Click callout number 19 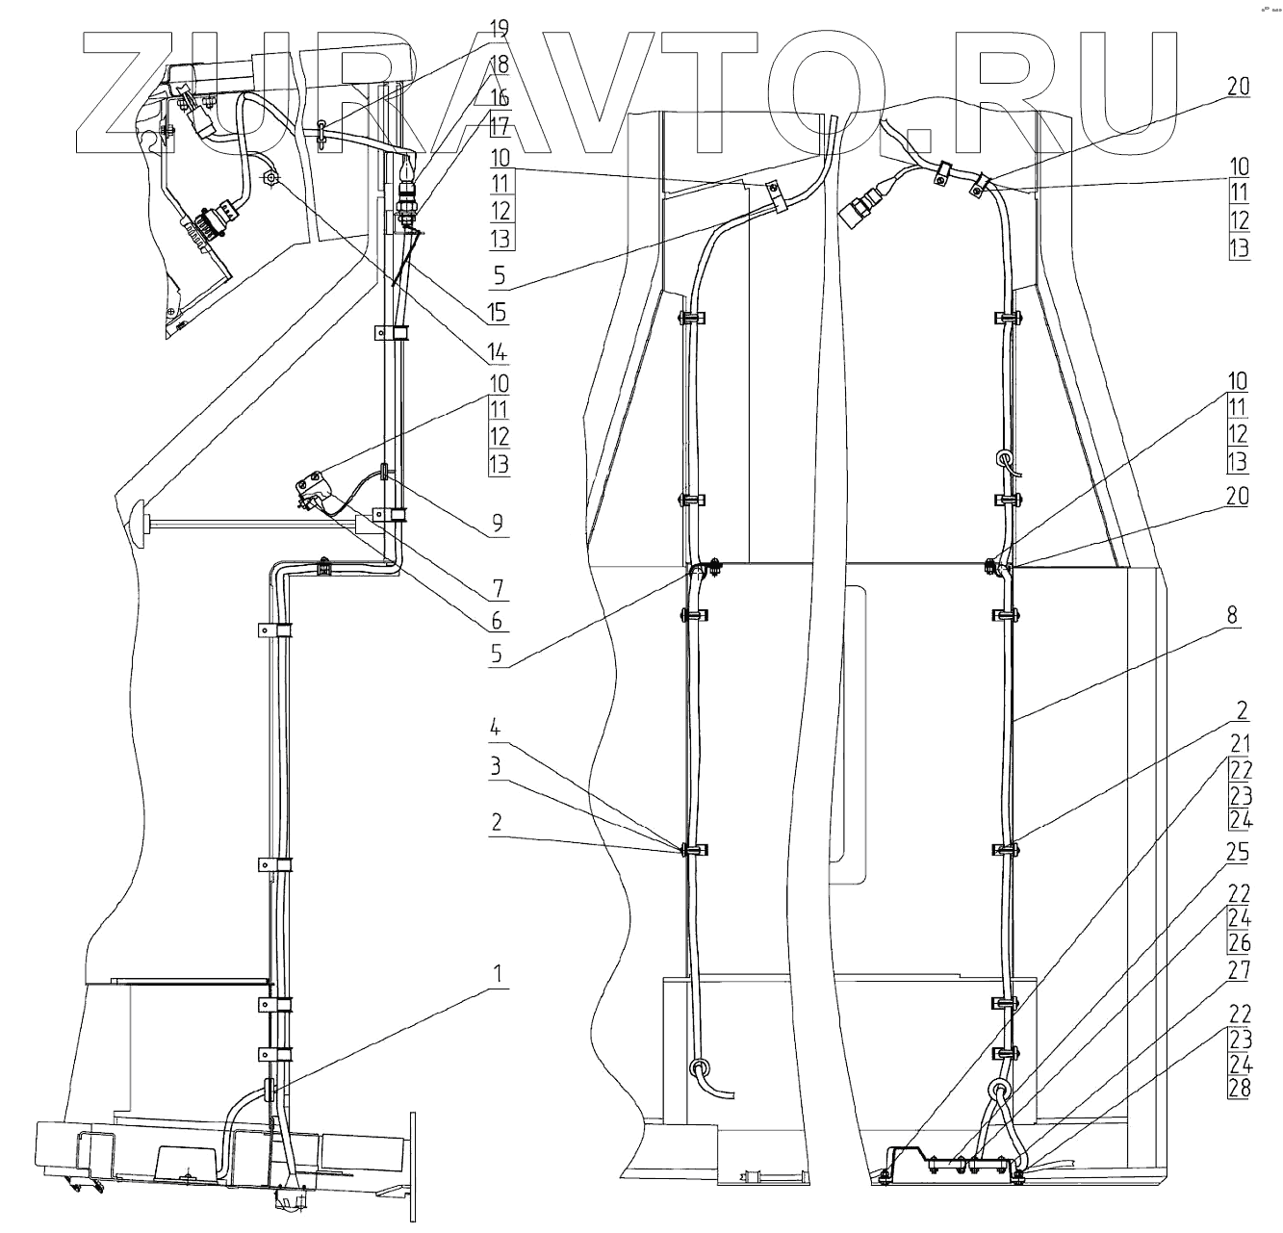pos(500,28)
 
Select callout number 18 pos(500,64)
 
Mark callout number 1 pos(499,974)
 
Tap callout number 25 pos(1240,853)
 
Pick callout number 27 pos(1240,970)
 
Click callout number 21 pos(1240,742)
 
